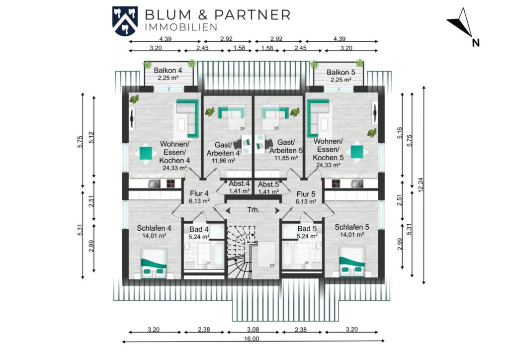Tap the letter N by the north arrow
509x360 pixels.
(476, 43)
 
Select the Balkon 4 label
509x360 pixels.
(168, 70)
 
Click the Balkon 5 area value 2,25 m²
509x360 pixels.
(341, 80)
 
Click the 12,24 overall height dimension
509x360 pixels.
(421, 184)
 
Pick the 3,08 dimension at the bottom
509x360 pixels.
(253, 330)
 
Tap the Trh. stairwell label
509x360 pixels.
(254, 210)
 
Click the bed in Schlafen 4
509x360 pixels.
(154, 264)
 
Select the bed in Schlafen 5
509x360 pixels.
(352, 262)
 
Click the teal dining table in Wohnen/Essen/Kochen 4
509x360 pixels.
(146, 153)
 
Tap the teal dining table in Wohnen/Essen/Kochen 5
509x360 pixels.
(357, 152)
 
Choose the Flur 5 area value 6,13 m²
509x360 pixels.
(306, 201)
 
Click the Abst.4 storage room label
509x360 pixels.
(239, 184)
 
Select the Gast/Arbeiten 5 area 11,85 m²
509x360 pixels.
(286, 158)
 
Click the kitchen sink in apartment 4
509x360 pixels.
(155, 184)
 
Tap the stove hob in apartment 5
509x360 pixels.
(336, 184)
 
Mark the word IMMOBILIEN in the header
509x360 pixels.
(181, 27)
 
